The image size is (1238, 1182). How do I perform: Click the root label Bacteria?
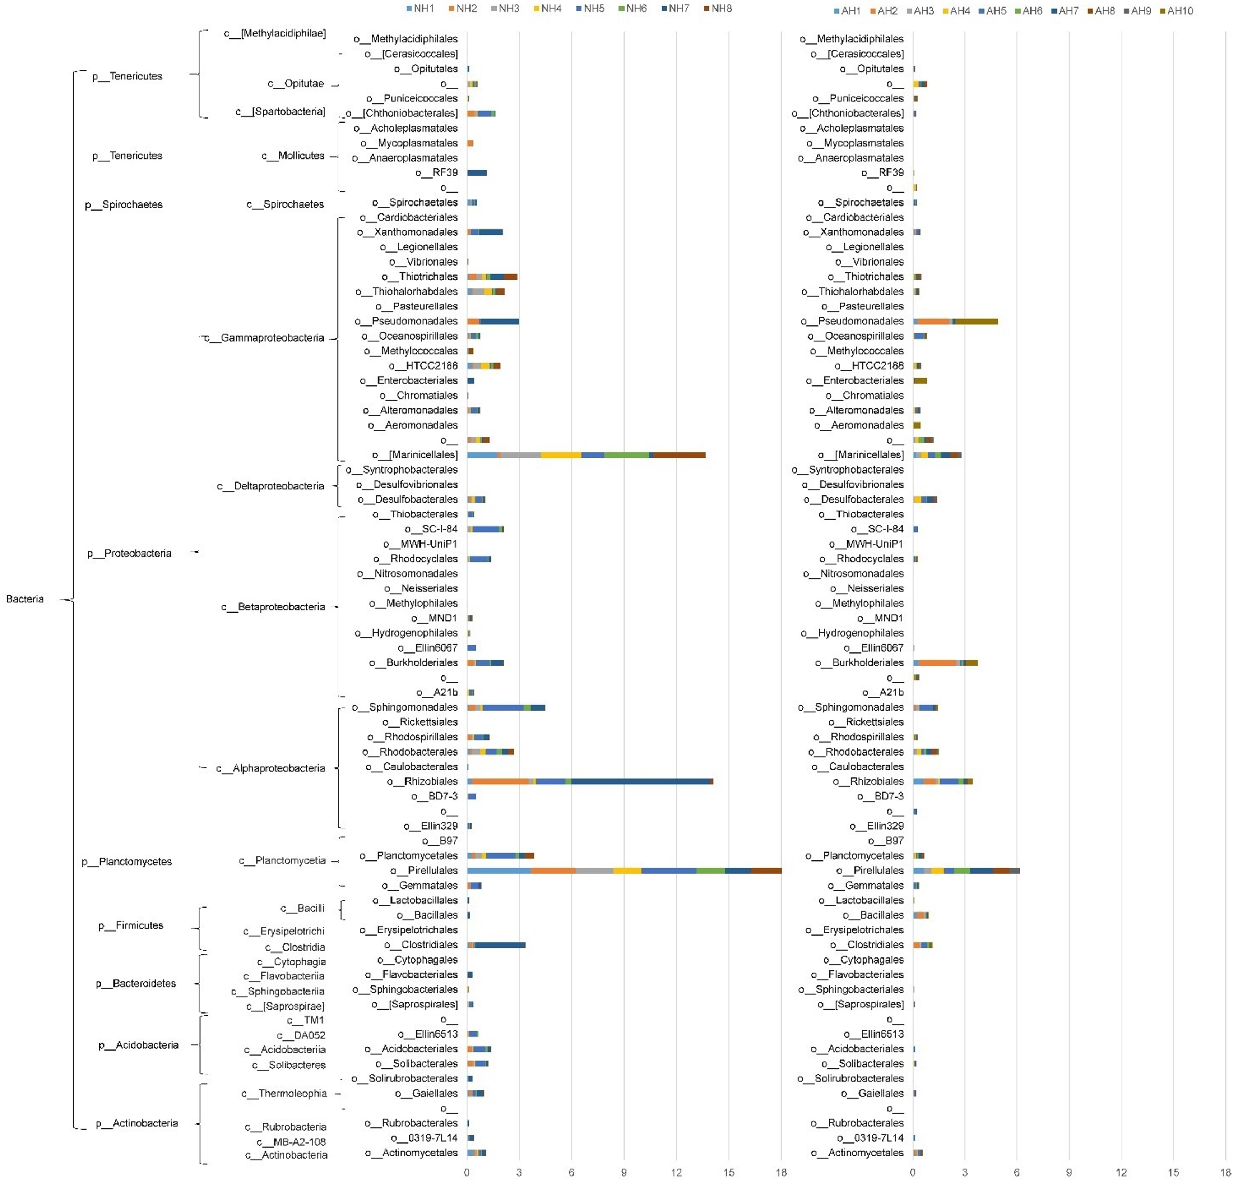(25, 599)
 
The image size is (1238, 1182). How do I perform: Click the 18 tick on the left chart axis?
(781, 1172)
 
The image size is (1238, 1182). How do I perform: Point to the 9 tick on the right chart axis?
(1068, 1172)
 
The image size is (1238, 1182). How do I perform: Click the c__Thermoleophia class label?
(284, 1093)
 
